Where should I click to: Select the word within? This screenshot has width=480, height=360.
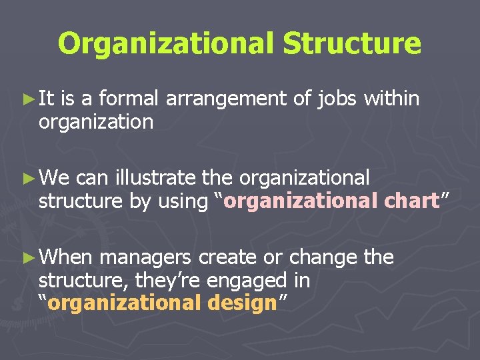[x=393, y=99]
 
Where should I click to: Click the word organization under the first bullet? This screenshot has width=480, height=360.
[x=96, y=123]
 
